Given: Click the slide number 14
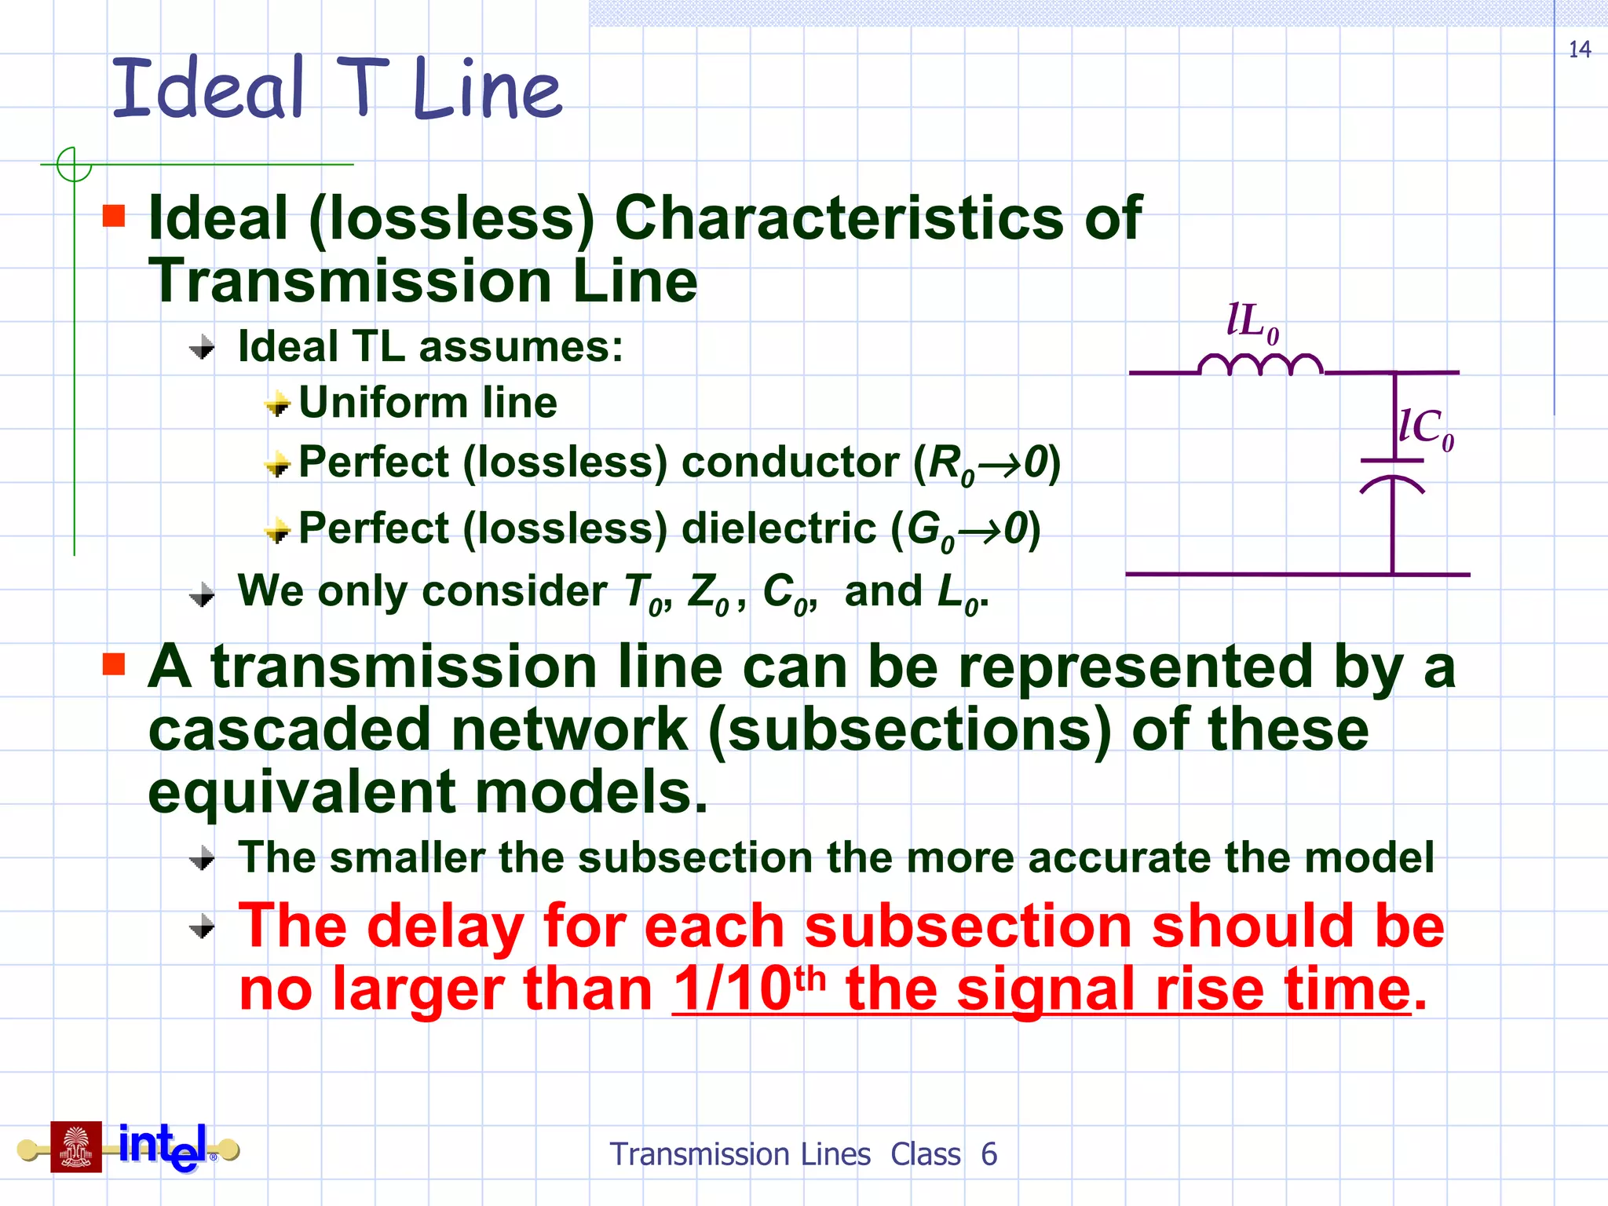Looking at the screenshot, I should coord(1579,50).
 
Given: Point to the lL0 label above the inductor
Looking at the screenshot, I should coord(1252,322).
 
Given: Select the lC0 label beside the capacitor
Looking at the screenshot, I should coord(1426,429).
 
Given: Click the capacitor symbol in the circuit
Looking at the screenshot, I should coord(1392,475).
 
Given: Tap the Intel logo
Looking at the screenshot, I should coord(163,1146).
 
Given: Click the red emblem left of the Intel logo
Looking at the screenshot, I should coord(76,1147).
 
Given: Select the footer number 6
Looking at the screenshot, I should coord(989,1154).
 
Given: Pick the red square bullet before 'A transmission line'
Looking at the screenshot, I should coord(114,664).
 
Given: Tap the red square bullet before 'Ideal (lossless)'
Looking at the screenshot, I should coord(114,215).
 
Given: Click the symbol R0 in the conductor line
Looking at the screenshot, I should coord(950,463).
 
